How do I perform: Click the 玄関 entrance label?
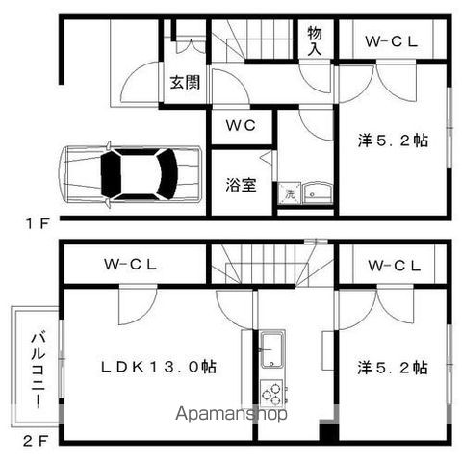tap(186, 83)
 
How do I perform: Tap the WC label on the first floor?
tap(241, 125)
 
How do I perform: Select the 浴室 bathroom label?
tap(241, 183)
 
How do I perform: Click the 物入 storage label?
tap(315, 40)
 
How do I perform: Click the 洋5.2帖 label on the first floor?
tap(392, 141)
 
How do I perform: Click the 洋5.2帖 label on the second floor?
tap(392, 367)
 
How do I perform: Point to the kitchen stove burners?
tap(272, 394)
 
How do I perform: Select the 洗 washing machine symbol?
tap(289, 193)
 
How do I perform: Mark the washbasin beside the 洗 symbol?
tap(316, 194)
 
